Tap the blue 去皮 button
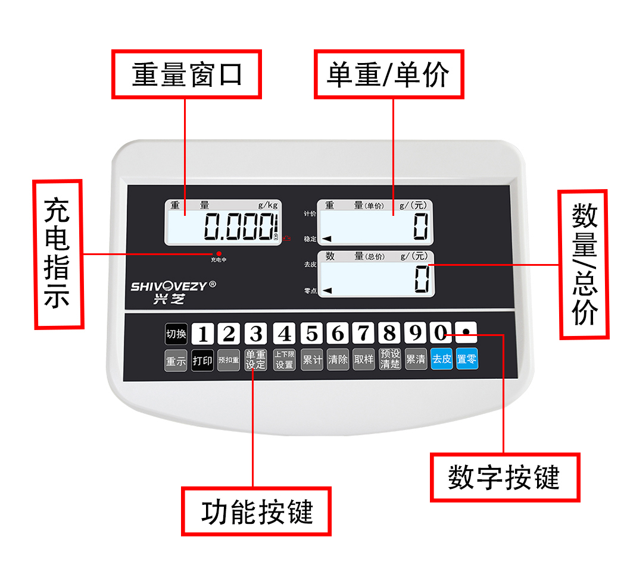tap(442, 360)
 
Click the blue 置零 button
tap(467, 360)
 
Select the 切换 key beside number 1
tap(176, 334)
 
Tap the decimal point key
tap(466, 333)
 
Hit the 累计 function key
tap(312, 360)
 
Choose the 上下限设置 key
tap(284, 360)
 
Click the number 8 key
tap(389, 334)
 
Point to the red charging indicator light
tap(219, 253)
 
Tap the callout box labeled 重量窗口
tap(186, 75)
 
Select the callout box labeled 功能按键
tap(256, 511)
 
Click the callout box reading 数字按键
tap(504, 478)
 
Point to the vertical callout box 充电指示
tap(58, 254)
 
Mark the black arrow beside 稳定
tap(327, 239)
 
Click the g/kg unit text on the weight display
tap(268, 205)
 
